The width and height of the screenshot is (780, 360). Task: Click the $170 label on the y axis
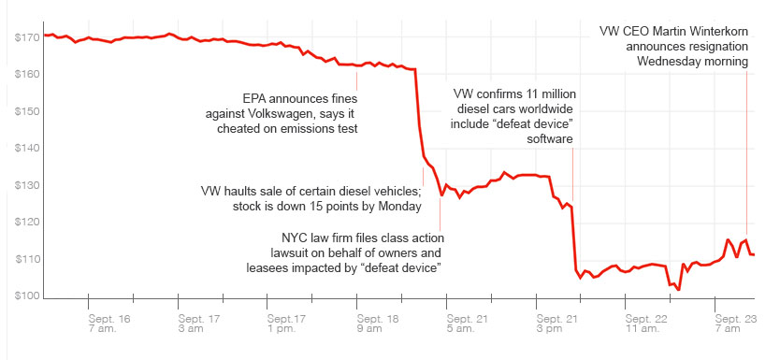point(26,37)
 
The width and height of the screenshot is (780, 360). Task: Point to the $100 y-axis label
point(26,296)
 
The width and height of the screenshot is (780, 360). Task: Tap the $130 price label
point(26,185)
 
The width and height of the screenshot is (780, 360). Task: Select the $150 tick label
point(26,111)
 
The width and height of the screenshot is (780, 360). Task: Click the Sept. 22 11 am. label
point(646,324)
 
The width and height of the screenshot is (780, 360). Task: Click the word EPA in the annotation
point(257,97)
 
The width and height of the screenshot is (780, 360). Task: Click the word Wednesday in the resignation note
point(672,62)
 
